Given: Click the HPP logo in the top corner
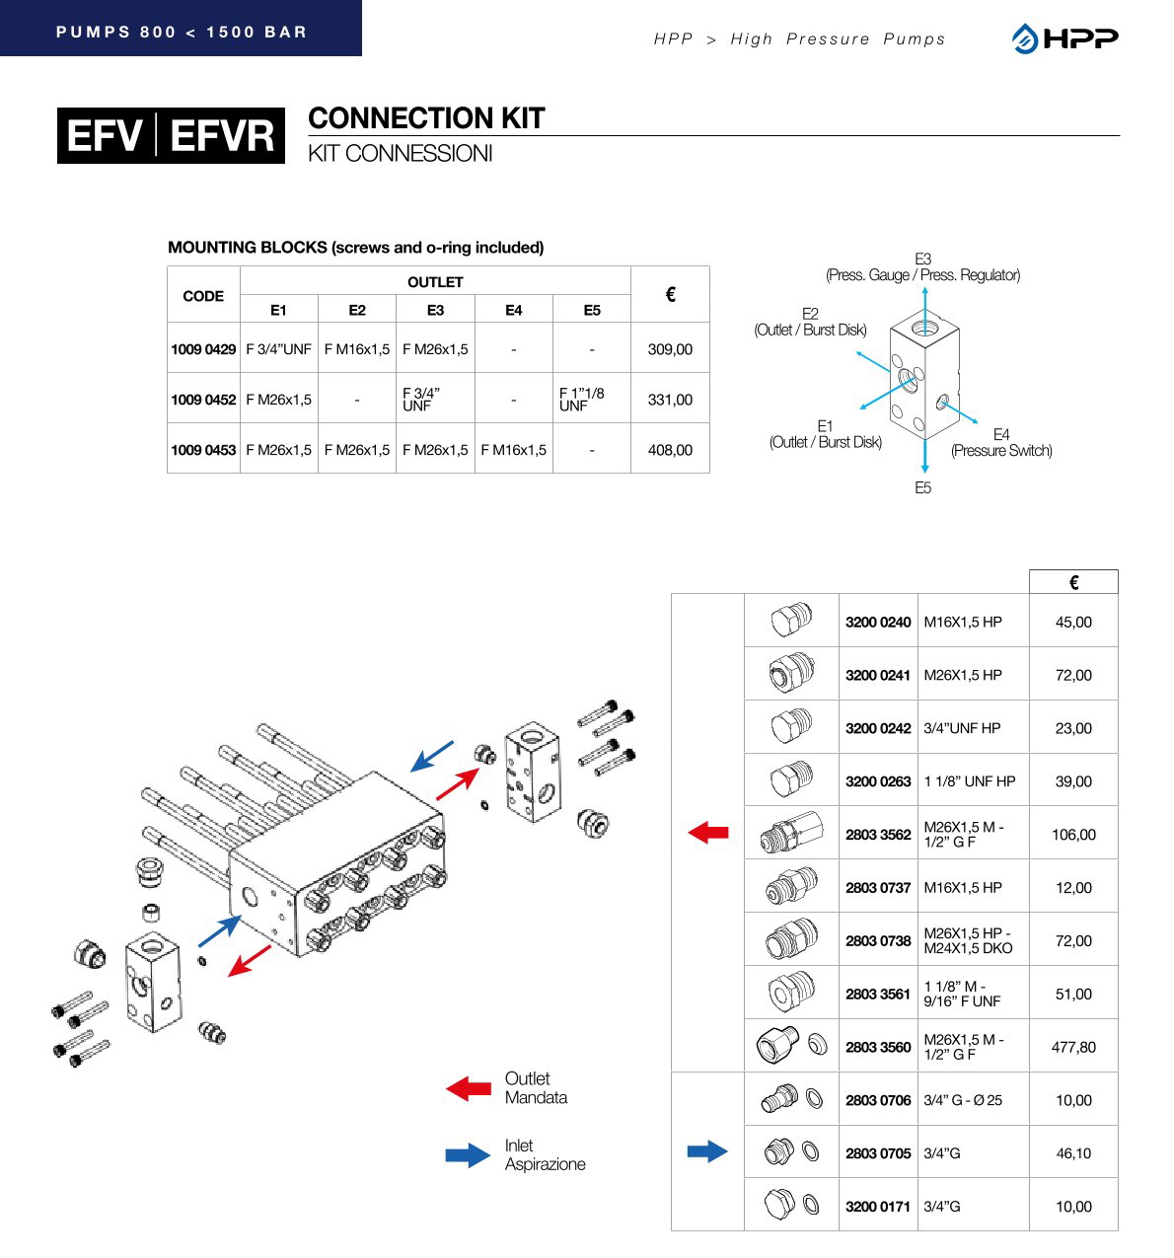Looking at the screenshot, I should (1064, 38).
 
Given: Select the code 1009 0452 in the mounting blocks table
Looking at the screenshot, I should (203, 400).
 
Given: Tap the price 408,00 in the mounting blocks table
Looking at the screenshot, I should (670, 450).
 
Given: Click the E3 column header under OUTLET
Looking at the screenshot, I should (435, 310).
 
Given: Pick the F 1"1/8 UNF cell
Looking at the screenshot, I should (582, 400).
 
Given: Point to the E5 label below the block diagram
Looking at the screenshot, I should (922, 488).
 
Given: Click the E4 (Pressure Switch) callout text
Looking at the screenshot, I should (1001, 443).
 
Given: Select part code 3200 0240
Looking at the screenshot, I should (878, 623).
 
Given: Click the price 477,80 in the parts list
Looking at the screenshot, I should (1073, 1047).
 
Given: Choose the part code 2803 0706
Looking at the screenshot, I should (878, 1100).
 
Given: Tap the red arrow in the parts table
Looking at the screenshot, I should (707, 833).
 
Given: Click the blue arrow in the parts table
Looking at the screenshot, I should (707, 1150).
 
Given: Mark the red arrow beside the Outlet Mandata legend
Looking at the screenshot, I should (469, 1088).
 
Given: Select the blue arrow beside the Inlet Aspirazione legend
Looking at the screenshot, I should (468, 1155).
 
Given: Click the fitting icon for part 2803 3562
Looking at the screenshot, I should (790, 835).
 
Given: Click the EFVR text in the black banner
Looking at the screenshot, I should (222, 136).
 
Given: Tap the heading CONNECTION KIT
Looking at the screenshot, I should (426, 118).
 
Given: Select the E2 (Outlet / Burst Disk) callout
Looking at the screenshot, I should (810, 322).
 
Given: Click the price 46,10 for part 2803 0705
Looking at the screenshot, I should (1073, 1153).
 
